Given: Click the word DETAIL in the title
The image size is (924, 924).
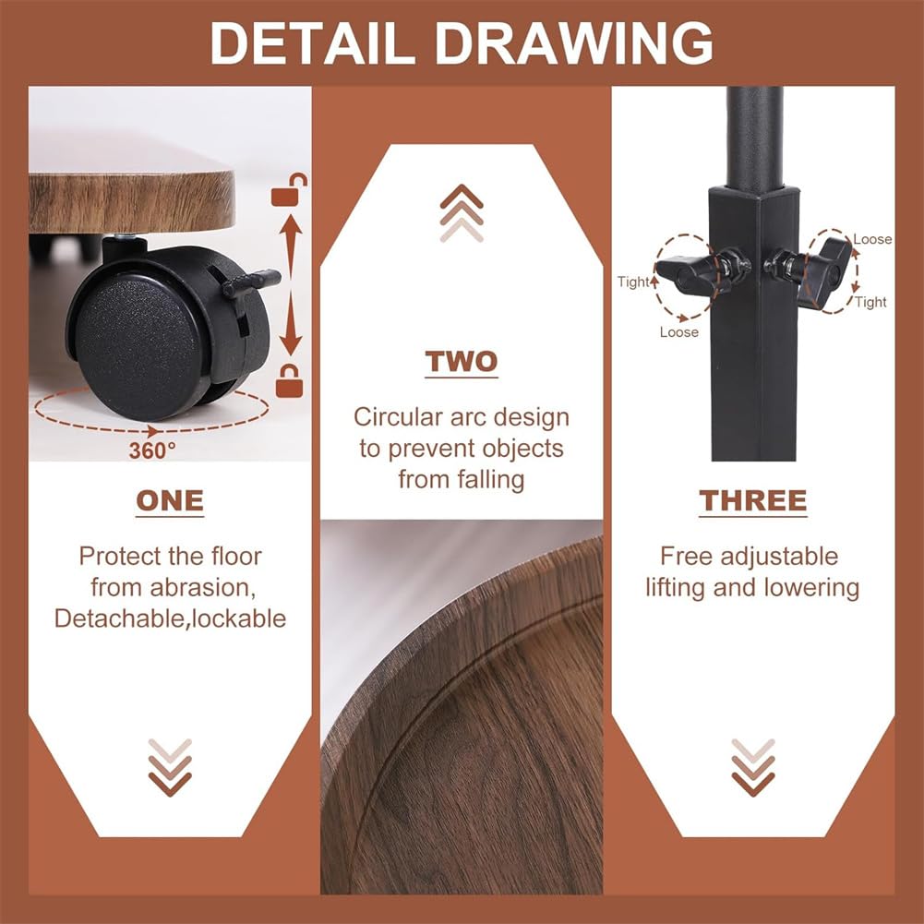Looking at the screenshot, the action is click(x=312, y=43).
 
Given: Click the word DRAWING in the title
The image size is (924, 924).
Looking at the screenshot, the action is click(x=574, y=43).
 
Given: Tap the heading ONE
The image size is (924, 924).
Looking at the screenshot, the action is click(x=170, y=501).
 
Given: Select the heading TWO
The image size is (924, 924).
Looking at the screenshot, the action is click(x=462, y=361).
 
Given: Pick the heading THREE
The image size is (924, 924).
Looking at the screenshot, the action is click(x=752, y=501).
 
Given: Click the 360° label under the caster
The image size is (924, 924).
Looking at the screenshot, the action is click(x=152, y=450).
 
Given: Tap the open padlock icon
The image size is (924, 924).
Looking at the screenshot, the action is click(x=289, y=190).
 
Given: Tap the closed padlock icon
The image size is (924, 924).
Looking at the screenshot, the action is click(x=289, y=380).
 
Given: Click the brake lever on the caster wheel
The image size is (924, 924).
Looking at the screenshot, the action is click(x=250, y=282).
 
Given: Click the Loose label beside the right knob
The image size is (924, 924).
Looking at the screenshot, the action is click(x=872, y=239).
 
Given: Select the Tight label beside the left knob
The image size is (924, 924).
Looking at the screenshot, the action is click(x=633, y=282).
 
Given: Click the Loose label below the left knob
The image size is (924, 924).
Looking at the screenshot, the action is click(x=678, y=332).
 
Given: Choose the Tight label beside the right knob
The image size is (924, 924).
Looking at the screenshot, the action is click(x=871, y=302).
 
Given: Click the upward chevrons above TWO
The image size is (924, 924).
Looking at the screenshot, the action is click(x=462, y=213).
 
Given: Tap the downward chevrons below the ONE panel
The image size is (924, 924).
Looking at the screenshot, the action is click(x=170, y=767).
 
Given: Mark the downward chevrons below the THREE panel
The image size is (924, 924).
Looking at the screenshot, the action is click(x=753, y=767).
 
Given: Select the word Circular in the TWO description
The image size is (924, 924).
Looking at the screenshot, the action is click(x=398, y=417).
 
